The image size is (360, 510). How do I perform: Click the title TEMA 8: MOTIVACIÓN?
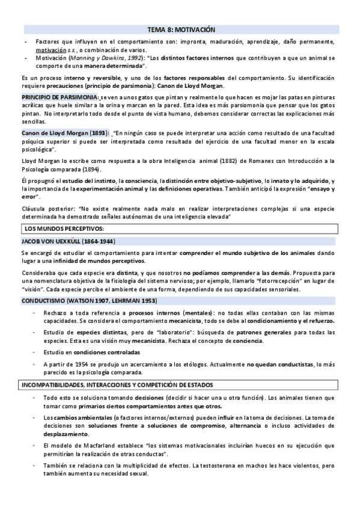pyautogui.click(x=181, y=29)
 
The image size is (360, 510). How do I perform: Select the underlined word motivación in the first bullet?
pyautogui.click(x=50, y=49)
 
